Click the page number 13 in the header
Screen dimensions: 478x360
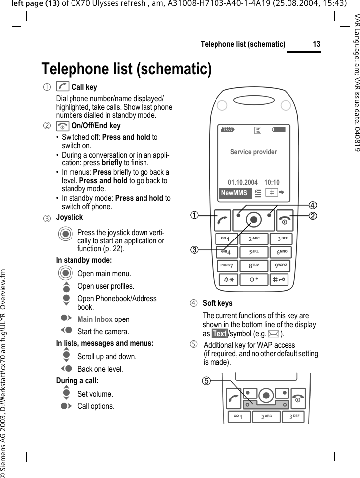316,44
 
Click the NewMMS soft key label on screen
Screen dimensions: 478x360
234,193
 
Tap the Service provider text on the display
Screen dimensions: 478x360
253,152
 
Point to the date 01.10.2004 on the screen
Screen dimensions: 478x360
242,182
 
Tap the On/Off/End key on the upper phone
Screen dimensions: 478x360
285,220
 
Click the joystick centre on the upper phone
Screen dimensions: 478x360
254,219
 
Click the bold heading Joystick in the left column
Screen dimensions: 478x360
70,217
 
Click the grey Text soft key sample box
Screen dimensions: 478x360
219,334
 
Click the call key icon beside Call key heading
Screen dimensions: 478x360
63,87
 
